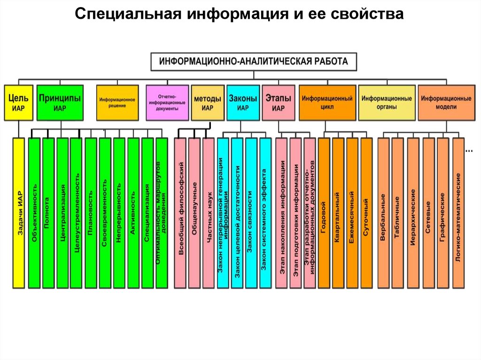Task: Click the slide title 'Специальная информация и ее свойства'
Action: (240, 15)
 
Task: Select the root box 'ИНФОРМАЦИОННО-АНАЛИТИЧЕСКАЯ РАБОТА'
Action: (254, 61)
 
